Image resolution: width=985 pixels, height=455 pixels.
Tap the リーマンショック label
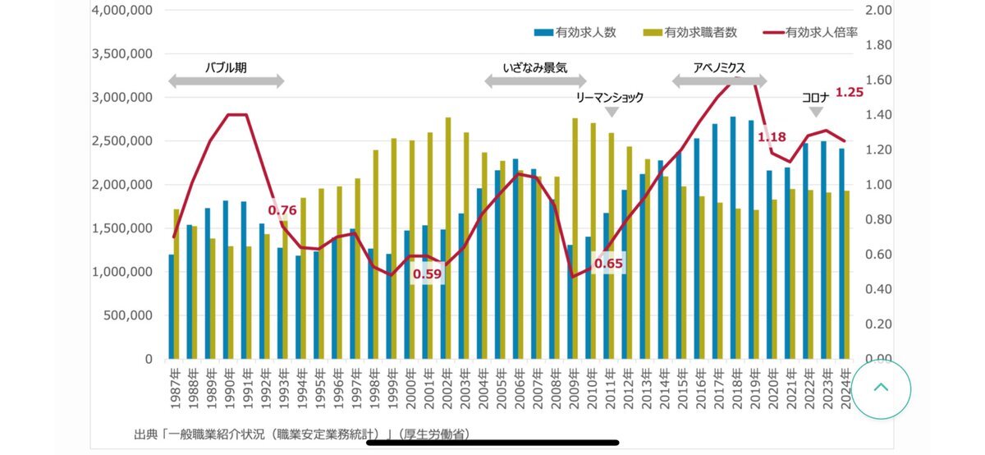click(610, 97)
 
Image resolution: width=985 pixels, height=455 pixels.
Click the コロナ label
click(816, 97)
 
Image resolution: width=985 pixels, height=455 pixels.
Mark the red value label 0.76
click(282, 209)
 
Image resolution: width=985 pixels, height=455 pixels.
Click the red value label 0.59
click(427, 274)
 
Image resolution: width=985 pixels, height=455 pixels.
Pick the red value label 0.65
click(608, 263)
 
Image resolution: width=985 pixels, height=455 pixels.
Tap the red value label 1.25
click(850, 92)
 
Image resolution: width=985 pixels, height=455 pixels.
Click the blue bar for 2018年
click(733, 238)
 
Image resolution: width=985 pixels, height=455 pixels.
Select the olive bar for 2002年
click(448, 238)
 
